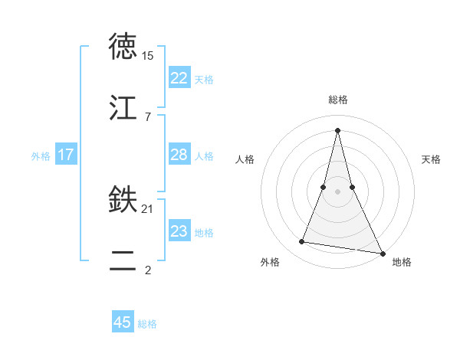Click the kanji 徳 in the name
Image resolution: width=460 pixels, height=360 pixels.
pyautogui.click(x=123, y=47)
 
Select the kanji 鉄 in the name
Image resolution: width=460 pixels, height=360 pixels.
pyautogui.click(x=123, y=201)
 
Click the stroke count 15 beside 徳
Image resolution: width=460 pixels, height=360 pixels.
pyautogui.click(x=148, y=56)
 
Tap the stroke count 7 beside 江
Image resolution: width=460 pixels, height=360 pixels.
pyautogui.click(x=147, y=116)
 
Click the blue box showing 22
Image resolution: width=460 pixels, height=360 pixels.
pyautogui.click(x=179, y=78)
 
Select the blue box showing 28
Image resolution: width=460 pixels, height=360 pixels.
pyautogui.click(x=179, y=155)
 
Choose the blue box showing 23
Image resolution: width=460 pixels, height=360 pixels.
pyautogui.click(x=179, y=231)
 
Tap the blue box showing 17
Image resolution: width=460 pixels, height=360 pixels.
pyautogui.click(x=66, y=155)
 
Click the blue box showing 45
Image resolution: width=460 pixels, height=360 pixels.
pyautogui.click(x=123, y=322)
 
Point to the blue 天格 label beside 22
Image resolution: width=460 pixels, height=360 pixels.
pyautogui.click(x=204, y=79)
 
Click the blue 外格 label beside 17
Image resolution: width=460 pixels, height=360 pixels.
pyautogui.click(x=41, y=155)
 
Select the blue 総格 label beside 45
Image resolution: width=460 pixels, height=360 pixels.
pyautogui.click(x=147, y=323)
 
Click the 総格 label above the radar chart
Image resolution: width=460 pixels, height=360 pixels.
pyautogui.click(x=337, y=100)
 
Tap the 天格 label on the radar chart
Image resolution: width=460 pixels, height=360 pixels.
pyautogui.click(x=431, y=159)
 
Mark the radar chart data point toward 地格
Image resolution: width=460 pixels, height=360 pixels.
pyautogui.click(x=382, y=252)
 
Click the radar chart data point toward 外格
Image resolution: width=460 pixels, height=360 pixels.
pyautogui.click(x=302, y=242)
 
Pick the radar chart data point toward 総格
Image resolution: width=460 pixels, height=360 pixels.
pyautogui.click(x=337, y=129)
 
